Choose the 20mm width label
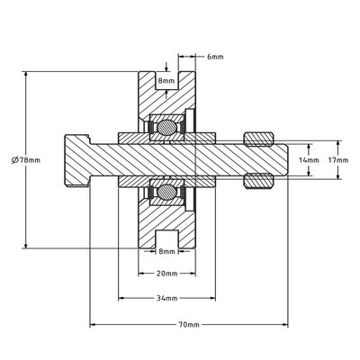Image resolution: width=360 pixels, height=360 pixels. (x=164, y=273)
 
